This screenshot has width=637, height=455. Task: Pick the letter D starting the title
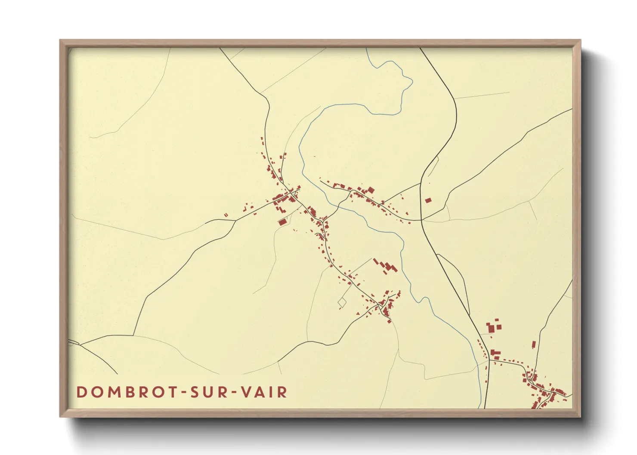pos(81,392)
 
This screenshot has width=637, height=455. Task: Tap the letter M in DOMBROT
pos(110,392)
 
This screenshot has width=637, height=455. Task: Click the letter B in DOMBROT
pos(125,392)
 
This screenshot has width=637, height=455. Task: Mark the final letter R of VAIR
pos(282,392)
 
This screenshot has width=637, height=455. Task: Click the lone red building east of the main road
pos(428,200)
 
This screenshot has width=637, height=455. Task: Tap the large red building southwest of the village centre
pos(282,222)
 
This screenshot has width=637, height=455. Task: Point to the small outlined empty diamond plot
pos(342,302)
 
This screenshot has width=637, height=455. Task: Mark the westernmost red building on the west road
pos(225,215)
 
